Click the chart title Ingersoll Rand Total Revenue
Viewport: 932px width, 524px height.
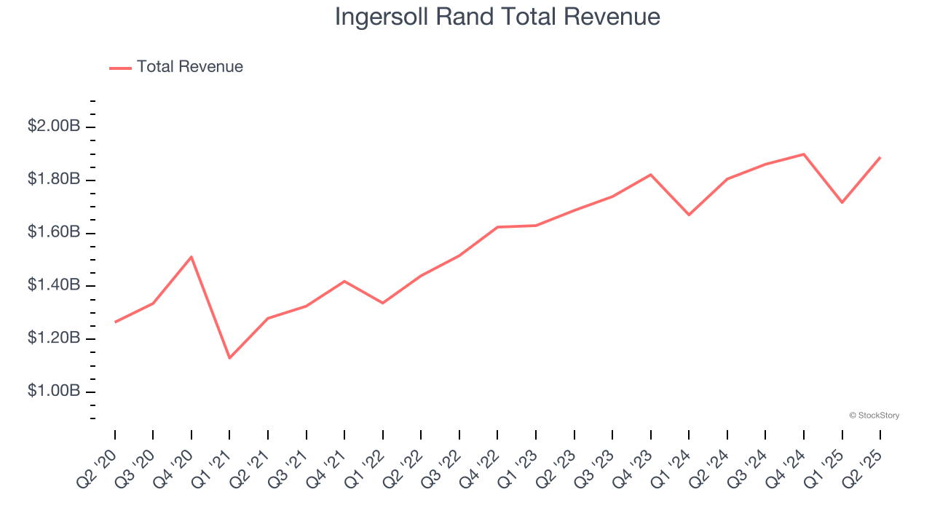497,17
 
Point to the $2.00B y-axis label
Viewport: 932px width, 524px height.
54,126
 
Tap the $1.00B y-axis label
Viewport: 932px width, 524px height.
54,391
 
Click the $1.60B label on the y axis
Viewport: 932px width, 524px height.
54,232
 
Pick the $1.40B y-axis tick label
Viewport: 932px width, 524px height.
54,285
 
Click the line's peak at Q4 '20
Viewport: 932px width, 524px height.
191,257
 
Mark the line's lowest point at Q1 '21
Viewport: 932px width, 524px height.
229,358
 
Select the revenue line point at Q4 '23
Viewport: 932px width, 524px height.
650,175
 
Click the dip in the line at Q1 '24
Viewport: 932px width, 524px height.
689,215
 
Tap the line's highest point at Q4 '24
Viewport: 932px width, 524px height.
804,154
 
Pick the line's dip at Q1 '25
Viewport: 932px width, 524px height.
842,202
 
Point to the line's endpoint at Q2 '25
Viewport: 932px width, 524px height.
880,157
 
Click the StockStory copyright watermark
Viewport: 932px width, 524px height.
874,416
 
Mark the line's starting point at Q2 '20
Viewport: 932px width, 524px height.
115,322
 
